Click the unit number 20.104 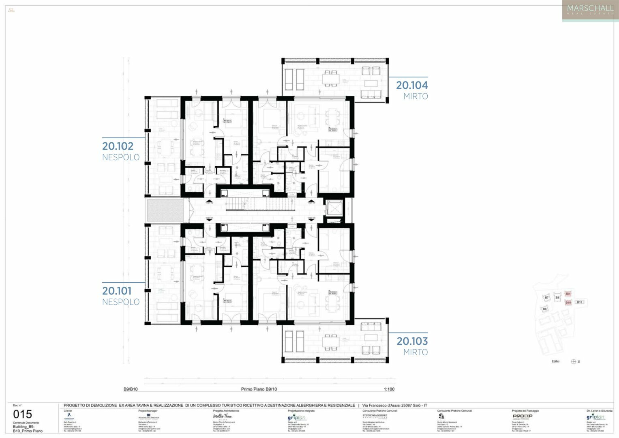tap(411, 85)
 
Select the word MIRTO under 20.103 tap(415, 352)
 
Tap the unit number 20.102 tap(118, 146)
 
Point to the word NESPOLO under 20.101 tap(120, 302)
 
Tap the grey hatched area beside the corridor tap(165, 210)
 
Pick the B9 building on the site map tap(568, 294)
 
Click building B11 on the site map tap(579, 302)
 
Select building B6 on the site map tap(544, 309)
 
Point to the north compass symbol tap(574, 361)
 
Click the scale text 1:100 tap(389, 389)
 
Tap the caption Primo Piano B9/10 tap(259, 389)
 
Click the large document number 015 tap(22, 414)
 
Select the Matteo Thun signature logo tap(222, 416)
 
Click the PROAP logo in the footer tap(522, 416)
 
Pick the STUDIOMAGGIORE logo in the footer tap(375, 416)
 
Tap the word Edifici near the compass tap(555, 361)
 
